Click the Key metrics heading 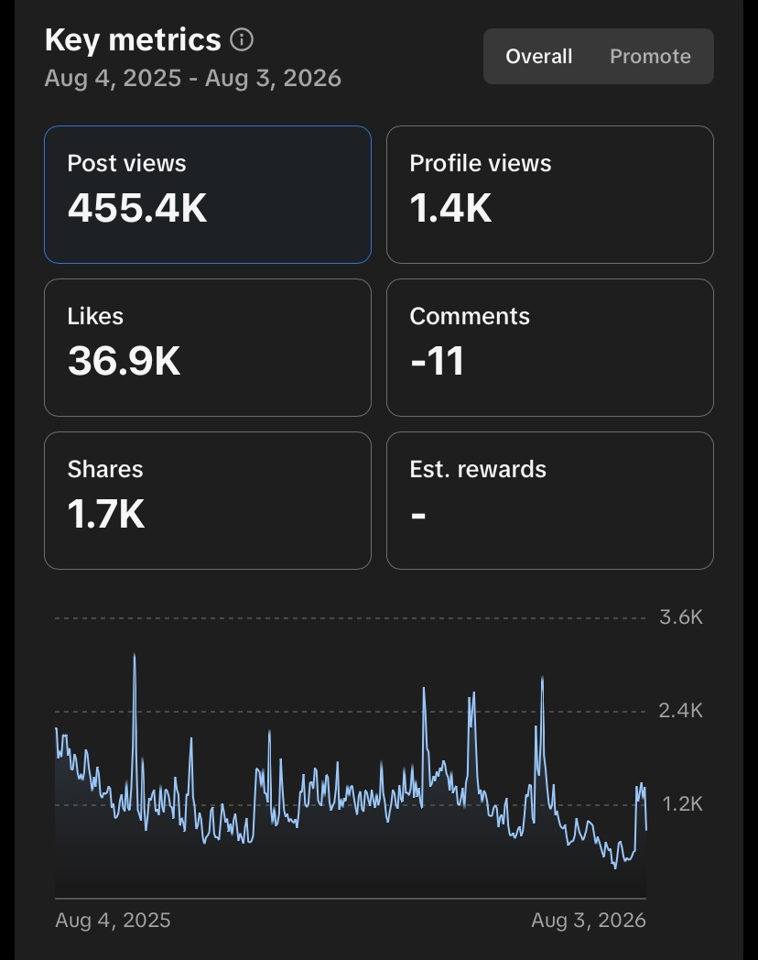click(x=133, y=41)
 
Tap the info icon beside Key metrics click(x=242, y=40)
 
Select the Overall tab click(x=539, y=56)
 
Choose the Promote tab click(x=650, y=56)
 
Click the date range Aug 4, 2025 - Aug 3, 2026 click(x=193, y=79)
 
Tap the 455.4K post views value click(x=137, y=208)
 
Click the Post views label click(x=126, y=163)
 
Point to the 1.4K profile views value click(x=450, y=208)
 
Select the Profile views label click(x=481, y=163)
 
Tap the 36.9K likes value click(x=124, y=361)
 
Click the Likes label click(x=95, y=317)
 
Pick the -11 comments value click(x=437, y=361)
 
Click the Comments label click(x=470, y=317)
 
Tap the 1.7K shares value click(x=106, y=514)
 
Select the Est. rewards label click(x=478, y=470)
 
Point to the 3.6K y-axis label click(x=681, y=617)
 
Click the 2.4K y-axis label click(x=680, y=711)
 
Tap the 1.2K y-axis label click(x=682, y=804)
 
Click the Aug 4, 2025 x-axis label click(x=113, y=921)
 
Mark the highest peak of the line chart click(x=135, y=654)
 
